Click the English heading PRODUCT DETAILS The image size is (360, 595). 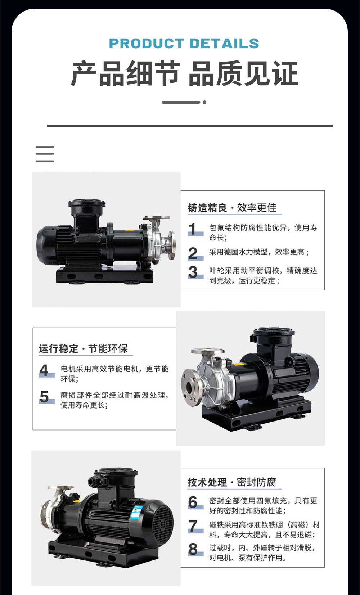coord(184,44)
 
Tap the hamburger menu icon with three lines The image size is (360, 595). coord(45,154)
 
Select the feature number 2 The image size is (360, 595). coord(193,253)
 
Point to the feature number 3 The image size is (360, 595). coord(193,272)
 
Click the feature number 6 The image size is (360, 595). coord(193,502)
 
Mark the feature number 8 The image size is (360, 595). coord(193,549)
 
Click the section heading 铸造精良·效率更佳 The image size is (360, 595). coord(232,208)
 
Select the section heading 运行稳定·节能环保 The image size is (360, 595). coord(84,348)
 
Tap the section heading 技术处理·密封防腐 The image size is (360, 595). coord(232,482)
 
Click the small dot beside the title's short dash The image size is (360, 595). coord(204,102)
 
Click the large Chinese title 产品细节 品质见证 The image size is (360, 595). coord(184,73)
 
